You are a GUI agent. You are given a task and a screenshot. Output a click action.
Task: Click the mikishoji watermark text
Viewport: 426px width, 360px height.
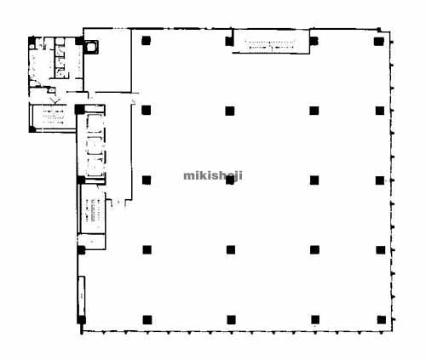[x=213, y=176]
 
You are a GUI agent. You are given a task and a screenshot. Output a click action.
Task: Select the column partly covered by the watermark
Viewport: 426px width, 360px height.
[x=230, y=180]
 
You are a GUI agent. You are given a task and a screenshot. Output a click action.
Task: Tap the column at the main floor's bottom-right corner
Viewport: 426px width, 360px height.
[x=381, y=320]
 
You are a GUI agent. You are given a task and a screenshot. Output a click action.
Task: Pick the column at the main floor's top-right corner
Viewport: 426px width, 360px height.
[x=379, y=41]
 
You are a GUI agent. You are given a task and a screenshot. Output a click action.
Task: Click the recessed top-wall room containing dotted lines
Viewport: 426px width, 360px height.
[x=271, y=41]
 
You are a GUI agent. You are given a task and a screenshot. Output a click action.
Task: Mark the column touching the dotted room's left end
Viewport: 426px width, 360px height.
[x=229, y=42]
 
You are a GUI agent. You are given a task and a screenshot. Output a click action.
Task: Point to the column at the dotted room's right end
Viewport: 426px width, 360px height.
[x=314, y=41]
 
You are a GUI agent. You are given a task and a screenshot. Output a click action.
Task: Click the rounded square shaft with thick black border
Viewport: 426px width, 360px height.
[x=90, y=47]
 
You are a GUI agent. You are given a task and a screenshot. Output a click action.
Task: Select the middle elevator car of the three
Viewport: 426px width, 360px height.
[x=95, y=146]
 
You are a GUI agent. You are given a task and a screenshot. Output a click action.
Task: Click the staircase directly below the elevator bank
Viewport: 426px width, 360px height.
[x=93, y=210]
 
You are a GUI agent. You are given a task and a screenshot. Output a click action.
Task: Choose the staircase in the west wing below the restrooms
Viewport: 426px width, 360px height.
[x=53, y=117]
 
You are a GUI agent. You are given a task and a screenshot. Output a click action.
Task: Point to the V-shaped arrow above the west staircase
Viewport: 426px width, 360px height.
[x=55, y=100]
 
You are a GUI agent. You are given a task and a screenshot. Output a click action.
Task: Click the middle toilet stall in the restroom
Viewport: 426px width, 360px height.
[x=60, y=62]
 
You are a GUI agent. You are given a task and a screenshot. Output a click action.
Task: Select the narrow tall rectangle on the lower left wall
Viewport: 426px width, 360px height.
[x=81, y=295]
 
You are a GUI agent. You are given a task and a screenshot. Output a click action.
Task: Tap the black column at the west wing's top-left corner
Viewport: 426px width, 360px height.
[x=32, y=42]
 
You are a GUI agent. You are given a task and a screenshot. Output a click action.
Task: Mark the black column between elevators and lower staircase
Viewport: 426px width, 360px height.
[x=81, y=180]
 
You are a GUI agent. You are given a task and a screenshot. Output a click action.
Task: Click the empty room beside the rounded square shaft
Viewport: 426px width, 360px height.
[x=108, y=61]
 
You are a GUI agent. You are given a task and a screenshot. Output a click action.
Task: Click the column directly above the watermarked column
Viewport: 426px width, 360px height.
[x=230, y=111]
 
